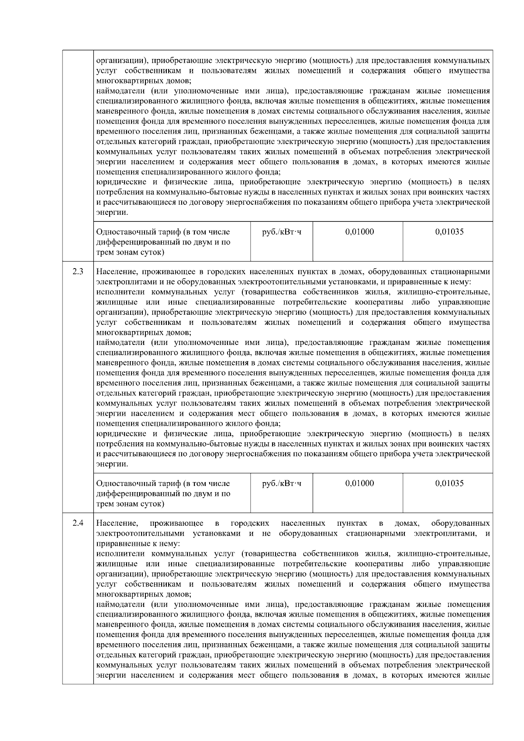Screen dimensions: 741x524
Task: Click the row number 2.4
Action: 78,523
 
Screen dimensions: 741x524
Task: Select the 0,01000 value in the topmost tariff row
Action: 359,232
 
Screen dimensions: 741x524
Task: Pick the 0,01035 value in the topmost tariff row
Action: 449,232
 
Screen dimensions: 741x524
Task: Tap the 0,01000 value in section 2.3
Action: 359,483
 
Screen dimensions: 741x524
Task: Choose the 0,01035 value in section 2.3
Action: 449,483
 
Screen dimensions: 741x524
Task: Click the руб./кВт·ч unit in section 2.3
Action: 281,483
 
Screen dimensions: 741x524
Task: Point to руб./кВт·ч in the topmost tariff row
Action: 281,232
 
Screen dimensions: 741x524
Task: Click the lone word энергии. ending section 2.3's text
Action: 112,464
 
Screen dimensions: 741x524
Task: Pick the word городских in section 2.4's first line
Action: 250,523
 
